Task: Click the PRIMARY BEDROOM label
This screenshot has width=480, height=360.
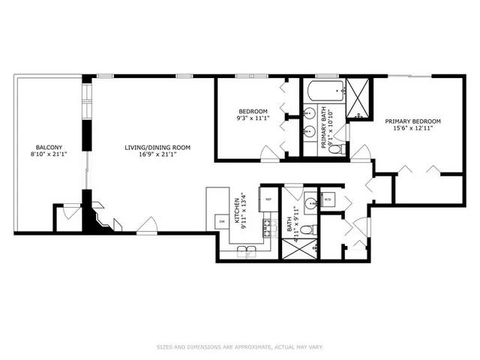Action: (412, 121)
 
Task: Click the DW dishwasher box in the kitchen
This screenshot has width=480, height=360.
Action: (222, 221)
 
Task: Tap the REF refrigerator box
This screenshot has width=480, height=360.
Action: (268, 199)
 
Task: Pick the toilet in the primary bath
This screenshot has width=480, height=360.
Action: (335, 148)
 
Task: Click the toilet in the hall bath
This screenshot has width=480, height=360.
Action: (316, 229)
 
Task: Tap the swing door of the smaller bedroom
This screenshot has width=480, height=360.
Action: (269, 154)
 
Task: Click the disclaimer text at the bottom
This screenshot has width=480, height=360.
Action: (239, 346)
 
